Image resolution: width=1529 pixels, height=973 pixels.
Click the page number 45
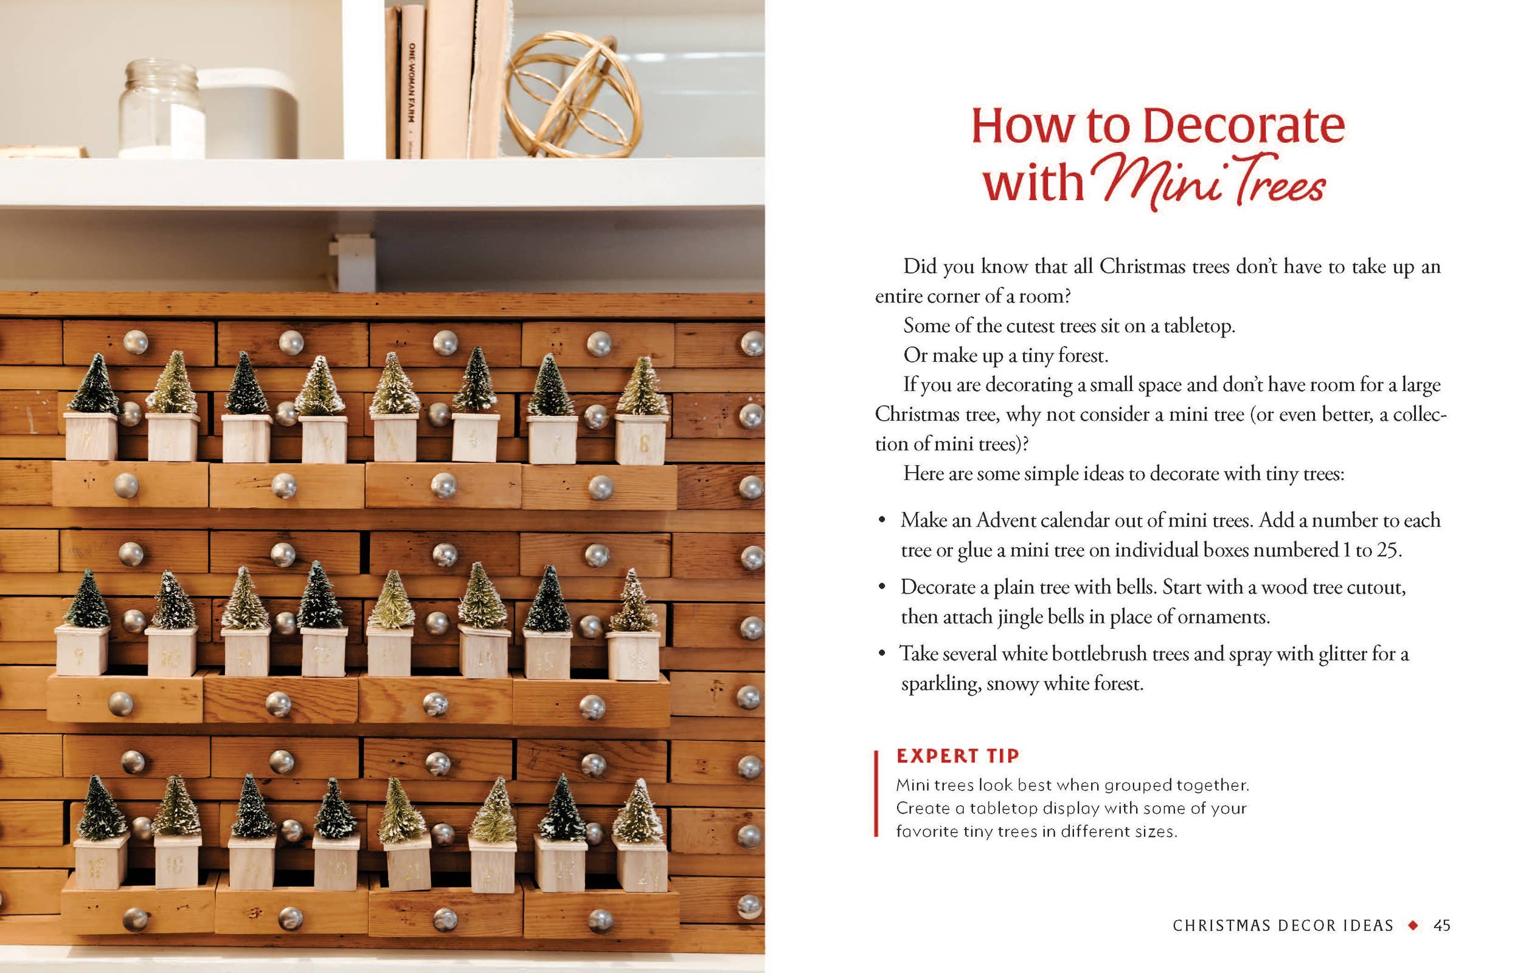pyautogui.click(x=1441, y=926)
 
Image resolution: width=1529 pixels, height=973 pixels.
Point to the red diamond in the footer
pyautogui.click(x=1413, y=926)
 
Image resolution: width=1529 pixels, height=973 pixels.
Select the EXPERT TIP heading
pyautogui.click(x=957, y=755)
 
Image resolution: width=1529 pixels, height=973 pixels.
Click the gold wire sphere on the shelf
pyautogui.click(x=572, y=94)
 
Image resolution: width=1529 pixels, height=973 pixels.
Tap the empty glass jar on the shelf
pyautogui.click(x=161, y=108)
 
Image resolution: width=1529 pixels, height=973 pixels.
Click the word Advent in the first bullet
pyautogui.click(x=1010, y=521)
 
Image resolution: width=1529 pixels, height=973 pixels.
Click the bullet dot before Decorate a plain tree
pyautogui.click(x=881, y=586)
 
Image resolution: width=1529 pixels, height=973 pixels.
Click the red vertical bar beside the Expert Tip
pyautogui.click(x=876, y=794)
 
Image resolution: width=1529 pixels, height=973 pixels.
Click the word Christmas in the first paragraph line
pyautogui.click(x=1142, y=266)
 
